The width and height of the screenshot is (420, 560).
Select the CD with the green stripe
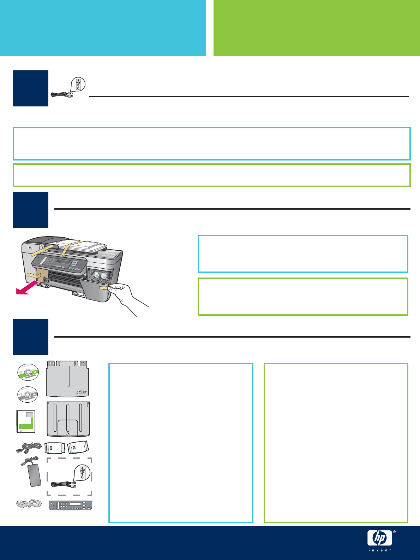point(28,372)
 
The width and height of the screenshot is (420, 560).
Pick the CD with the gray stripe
point(28,395)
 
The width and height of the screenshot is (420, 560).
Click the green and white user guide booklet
point(26,421)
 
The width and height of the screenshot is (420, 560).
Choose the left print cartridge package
point(55,448)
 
